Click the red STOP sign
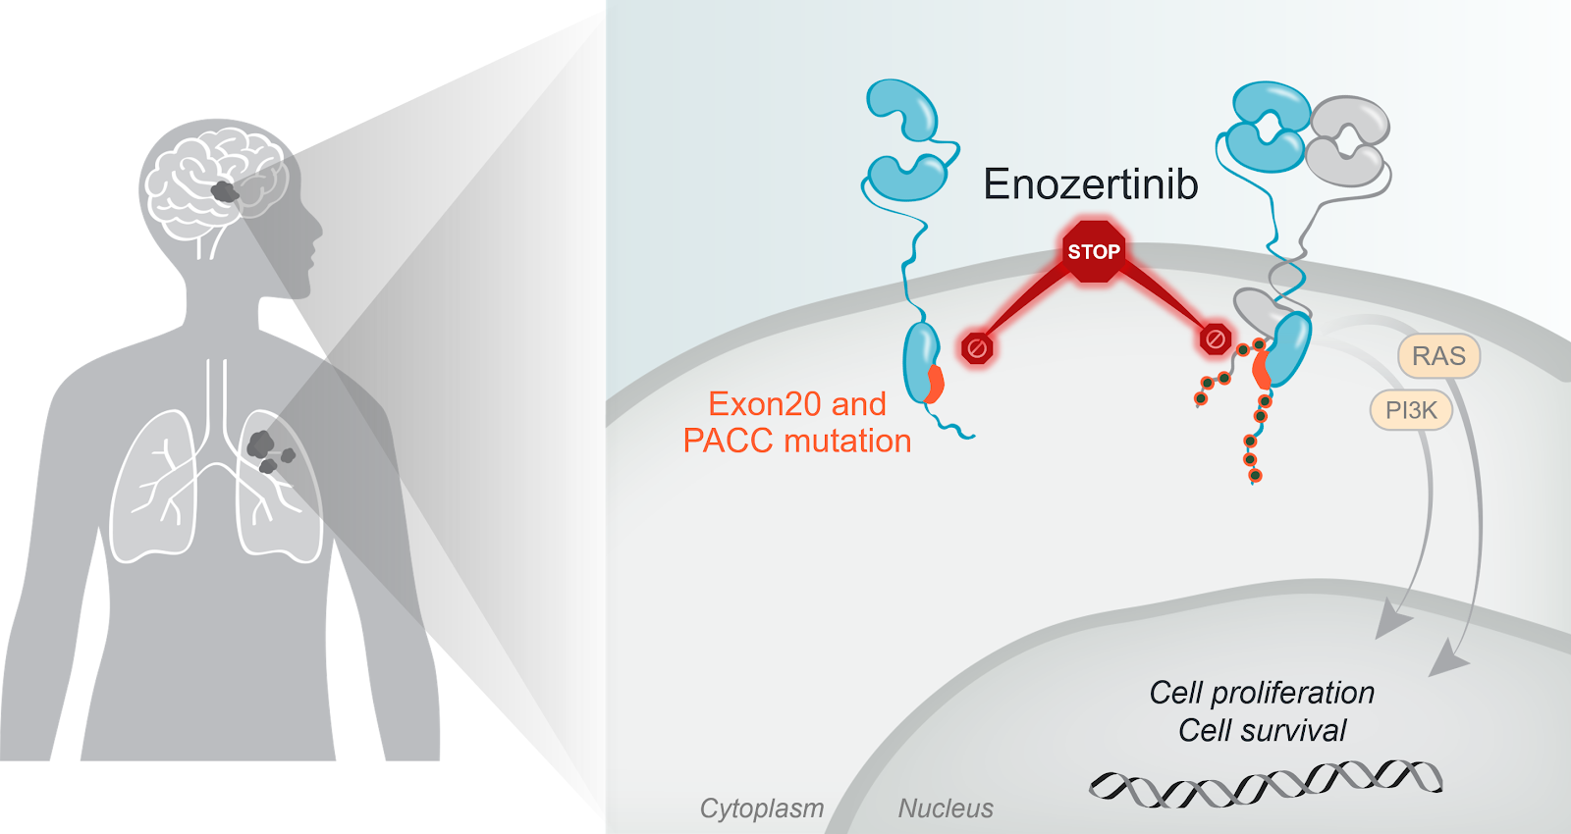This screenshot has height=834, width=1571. pyautogui.click(x=1093, y=251)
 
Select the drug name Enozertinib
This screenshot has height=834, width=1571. pyautogui.click(x=1090, y=184)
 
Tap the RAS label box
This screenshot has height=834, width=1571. pyautogui.click(x=1438, y=356)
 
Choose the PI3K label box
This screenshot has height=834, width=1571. pyautogui.click(x=1411, y=410)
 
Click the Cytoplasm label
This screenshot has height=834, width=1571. pyautogui.click(x=761, y=808)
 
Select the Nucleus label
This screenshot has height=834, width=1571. pyautogui.click(x=945, y=808)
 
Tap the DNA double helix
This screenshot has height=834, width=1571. pyautogui.click(x=1266, y=784)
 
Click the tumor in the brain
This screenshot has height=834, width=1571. pyautogui.click(x=225, y=191)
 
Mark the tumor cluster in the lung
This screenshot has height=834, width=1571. pyautogui.click(x=266, y=451)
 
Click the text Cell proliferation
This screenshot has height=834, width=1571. pyautogui.click(x=1262, y=693)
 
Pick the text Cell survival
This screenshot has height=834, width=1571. pyautogui.click(x=1262, y=731)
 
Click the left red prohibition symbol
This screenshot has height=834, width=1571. pyautogui.click(x=977, y=347)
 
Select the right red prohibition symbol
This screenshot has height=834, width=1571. pyautogui.click(x=1215, y=339)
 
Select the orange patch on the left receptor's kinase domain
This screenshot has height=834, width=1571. pyautogui.click(x=934, y=384)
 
